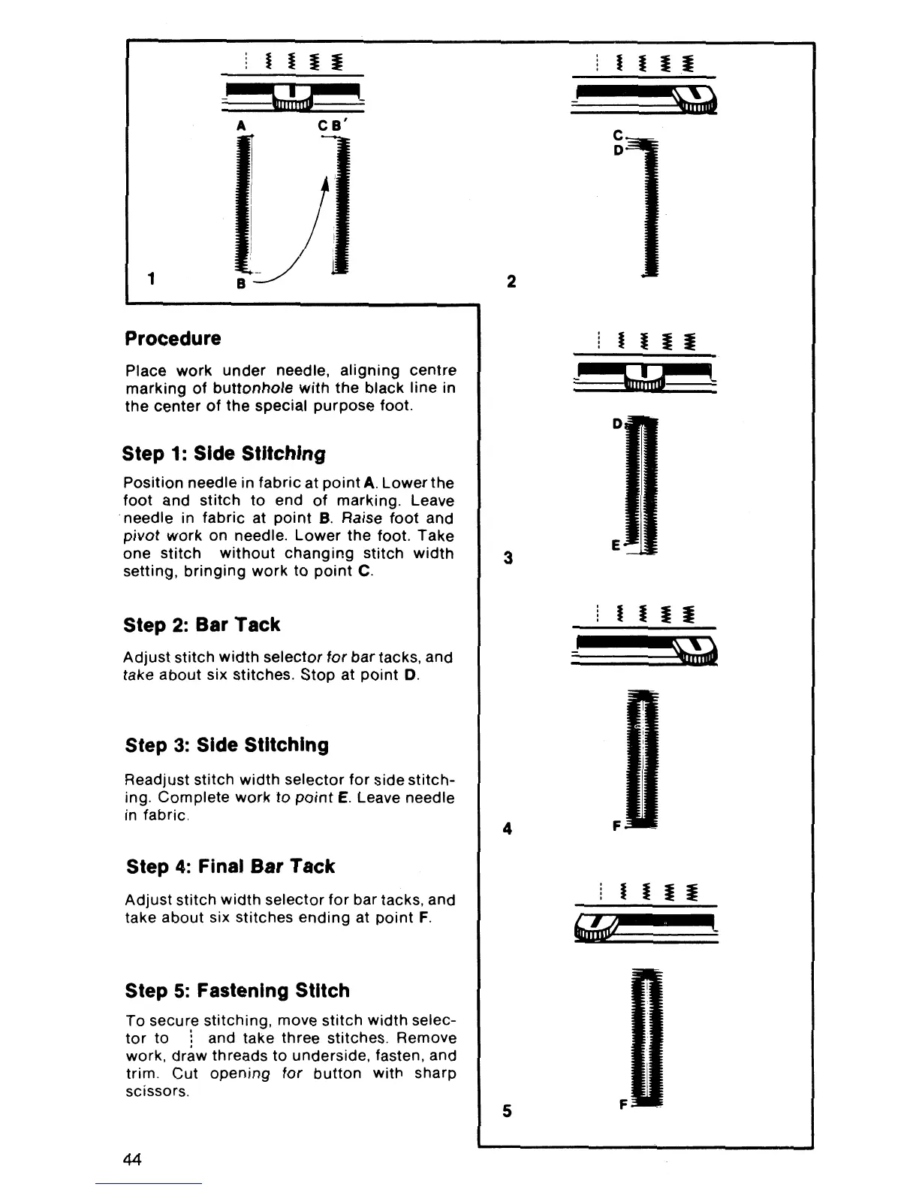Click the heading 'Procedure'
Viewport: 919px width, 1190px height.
[173, 338]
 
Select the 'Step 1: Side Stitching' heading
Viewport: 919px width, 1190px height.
[224, 454]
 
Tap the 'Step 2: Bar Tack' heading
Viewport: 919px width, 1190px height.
[201, 625]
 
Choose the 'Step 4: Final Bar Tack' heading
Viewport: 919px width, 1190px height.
[231, 866]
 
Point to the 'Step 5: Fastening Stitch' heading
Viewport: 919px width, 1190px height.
[237, 990]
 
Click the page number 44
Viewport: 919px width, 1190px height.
[133, 1158]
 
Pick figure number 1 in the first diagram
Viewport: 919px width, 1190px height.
[152, 279]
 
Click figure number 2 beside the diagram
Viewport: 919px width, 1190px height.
[511, 282]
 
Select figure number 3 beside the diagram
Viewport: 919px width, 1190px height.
[508, 558]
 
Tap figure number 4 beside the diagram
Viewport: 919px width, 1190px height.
[508, 829]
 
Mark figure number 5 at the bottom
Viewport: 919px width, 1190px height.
[508, 1110]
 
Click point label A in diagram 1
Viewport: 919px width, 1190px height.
[240, 126]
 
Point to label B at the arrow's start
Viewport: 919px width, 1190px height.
[241, 284]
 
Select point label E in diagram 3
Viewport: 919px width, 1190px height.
[616, 546]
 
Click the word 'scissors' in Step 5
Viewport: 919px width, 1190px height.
[156, 1091]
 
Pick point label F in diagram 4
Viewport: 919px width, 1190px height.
[616, 826]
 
